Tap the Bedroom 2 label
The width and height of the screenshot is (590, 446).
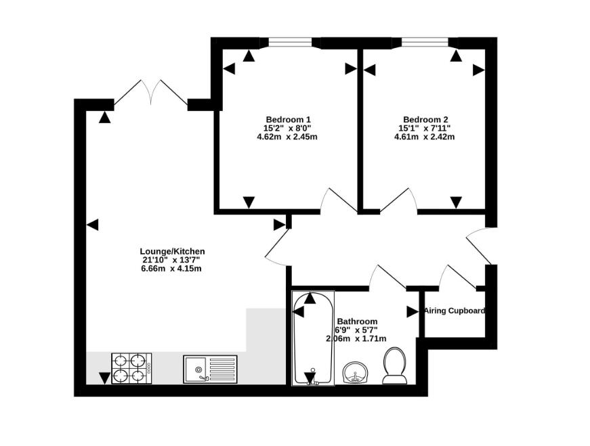pyautogui.click(x=425, y=120)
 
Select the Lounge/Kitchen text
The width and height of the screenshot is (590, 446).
pyautogui.click(x=172, y=251)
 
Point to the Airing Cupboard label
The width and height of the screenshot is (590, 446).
pyautogui.click(x=455, y=311)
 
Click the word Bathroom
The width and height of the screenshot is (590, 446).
pyautogui.click(x=357, y=321)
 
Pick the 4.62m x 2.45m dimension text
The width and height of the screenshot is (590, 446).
pyautogui.click(x=287, y=137)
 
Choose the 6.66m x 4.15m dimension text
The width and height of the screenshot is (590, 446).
pyautogui.click(x=171, y=269)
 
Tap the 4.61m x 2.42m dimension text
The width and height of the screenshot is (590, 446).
pyautogui.click(x=425, y=137)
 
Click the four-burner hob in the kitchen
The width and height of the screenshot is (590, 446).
pyautogui.click(x=131, y=369)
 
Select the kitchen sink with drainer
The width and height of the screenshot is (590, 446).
pyautogui.click(x=211, y=370)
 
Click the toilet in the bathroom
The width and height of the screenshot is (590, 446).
pyautogui.click(x=394, y=365)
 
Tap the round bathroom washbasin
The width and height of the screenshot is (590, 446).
pyautogui.click(x=356, y=372)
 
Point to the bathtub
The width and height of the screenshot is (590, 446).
pyautogui.click(x=313, y=338)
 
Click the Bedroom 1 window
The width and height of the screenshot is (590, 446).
pyautogui.click(x=290, y=43)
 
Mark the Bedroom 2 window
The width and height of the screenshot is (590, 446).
pyautogui.click(x=425, y=43)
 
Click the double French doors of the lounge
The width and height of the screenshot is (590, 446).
pyautogui.click(x=150, y=93)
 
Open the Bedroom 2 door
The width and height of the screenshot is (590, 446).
pyautogui.click(x=399, y=200)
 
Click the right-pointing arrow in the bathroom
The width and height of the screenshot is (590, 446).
pyautogui.click(x=413, y=312)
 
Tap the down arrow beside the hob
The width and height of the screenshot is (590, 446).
pyautogui.click(x=104, y=378)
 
